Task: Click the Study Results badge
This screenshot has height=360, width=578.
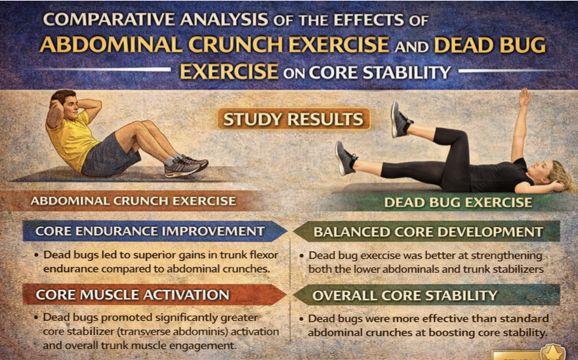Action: coord(293,119)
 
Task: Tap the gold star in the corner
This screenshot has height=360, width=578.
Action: coord(552,353)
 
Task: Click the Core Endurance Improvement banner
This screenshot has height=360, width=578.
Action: coord(154,231)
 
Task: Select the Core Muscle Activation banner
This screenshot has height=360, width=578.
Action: coord(154,294)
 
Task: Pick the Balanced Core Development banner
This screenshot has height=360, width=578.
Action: coord(426,231)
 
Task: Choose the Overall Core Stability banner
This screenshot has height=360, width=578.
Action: coord(426,295)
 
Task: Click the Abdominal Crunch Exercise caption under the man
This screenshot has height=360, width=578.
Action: coord(133,201)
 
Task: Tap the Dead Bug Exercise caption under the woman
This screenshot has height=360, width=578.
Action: coord(458,202)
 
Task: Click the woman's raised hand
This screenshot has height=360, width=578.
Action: coord(524,97)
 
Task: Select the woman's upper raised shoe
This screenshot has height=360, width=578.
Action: coord(401,120)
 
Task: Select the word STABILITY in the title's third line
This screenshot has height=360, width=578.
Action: coord(407,72)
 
